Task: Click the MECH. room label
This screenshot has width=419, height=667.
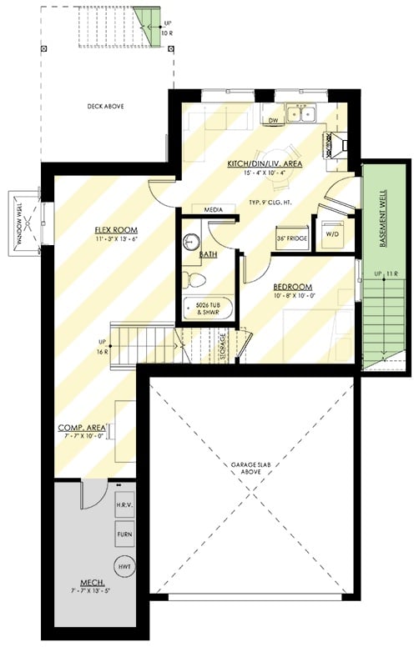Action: (91, 583)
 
